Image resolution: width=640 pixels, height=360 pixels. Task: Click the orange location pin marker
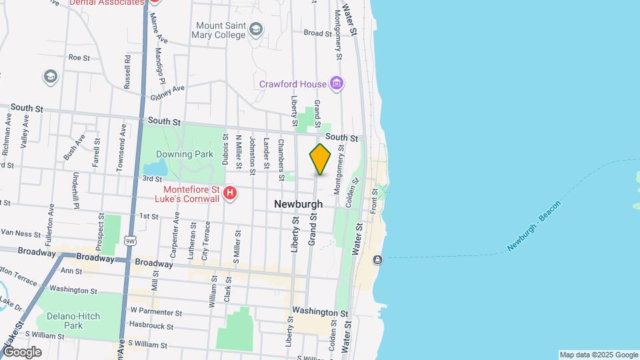320,159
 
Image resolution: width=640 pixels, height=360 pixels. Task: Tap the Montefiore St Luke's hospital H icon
230,194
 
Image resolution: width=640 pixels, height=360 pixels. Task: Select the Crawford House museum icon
337,84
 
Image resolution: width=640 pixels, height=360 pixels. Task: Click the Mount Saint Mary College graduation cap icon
256,29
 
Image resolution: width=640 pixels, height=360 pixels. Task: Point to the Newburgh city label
298,204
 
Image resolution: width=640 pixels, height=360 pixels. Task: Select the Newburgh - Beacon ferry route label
533,225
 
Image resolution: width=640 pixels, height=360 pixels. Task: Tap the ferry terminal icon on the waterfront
378,259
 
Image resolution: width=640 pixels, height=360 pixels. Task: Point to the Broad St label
317,33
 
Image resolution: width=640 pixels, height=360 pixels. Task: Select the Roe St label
79,57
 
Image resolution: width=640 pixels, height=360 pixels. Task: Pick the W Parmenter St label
156,311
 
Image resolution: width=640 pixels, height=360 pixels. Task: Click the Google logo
21,351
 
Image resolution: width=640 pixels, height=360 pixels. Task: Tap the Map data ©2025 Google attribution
598,355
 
